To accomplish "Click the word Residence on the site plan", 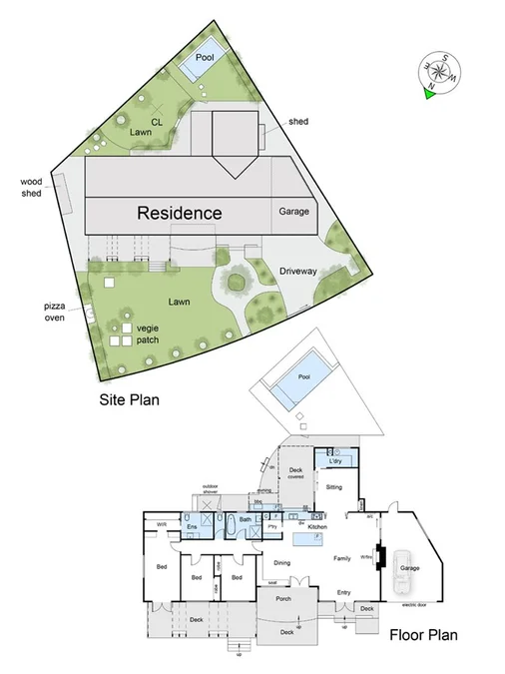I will point(179,213).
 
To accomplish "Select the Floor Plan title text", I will point(417,633).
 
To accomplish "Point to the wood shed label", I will point(32,188).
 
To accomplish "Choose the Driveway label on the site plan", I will point(297,271).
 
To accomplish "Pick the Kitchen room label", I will point(317,525).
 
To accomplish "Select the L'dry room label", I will point(335,460).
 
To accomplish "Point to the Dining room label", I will point(281,563).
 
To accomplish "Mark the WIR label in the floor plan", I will point(160,524).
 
